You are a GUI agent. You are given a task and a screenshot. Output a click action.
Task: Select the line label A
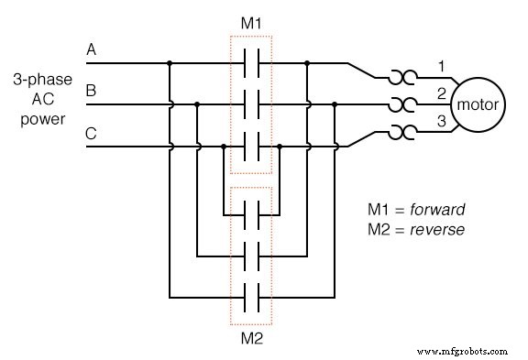click(91, 49)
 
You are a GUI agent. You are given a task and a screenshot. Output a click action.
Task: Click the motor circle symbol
click(478, 104)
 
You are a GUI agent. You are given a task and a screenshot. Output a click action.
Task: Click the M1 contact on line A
click(251, 64)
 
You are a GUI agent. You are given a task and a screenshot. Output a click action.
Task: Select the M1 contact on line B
click(251, 104)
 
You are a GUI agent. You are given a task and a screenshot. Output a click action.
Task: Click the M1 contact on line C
click(251, 145)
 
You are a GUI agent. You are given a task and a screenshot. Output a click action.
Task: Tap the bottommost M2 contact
click(251, 297)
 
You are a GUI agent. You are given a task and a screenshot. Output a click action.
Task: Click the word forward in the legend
click(440, 209)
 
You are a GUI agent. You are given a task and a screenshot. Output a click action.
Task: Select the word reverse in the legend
click(439, 229)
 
